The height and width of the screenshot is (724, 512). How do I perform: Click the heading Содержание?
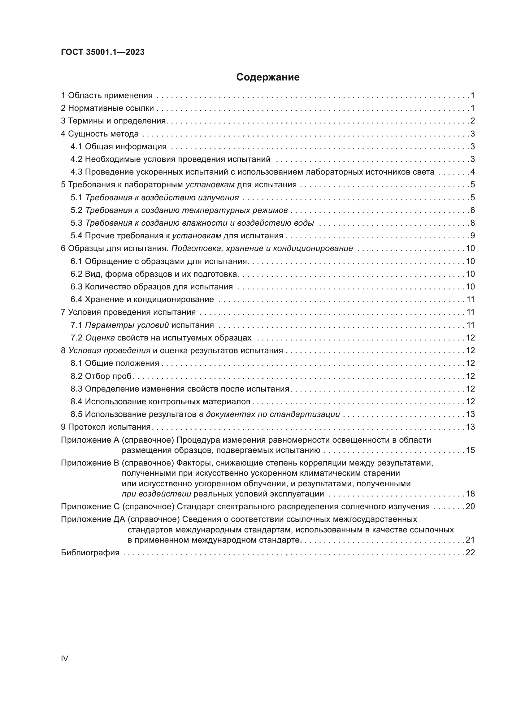point(268,77)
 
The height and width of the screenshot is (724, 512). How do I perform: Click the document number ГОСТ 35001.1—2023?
point(102,52)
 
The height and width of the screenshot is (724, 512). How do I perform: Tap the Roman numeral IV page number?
point(64,658)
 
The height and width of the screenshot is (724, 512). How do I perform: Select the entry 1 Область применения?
point(106,96)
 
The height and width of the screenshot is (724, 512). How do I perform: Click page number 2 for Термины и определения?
point(472,121)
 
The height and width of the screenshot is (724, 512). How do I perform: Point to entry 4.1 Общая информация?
point(119,147)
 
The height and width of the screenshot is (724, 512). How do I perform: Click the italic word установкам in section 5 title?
point(210,185)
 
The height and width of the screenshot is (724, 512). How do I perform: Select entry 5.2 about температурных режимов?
point(179,210)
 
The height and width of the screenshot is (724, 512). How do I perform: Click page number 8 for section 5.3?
point(472,223)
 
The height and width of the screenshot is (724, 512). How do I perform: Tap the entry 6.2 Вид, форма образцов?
point(154,274)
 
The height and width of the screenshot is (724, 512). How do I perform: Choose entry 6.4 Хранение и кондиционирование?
point(142,300)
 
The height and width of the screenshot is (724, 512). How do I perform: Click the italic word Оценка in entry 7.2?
point(100,338)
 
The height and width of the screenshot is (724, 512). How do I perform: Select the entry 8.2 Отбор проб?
point(101,376)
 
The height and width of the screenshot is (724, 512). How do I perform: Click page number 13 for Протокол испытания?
point(470,427)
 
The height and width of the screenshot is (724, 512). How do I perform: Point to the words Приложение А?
point(90,440)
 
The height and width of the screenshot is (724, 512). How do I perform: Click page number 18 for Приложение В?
point(470,494)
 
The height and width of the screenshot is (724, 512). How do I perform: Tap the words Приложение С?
point(90,507)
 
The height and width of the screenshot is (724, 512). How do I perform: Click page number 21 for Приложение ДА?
point(470,540)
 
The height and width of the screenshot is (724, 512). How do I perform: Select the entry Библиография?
point(90,553)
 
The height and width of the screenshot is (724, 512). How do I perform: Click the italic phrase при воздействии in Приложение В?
point(156,494)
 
